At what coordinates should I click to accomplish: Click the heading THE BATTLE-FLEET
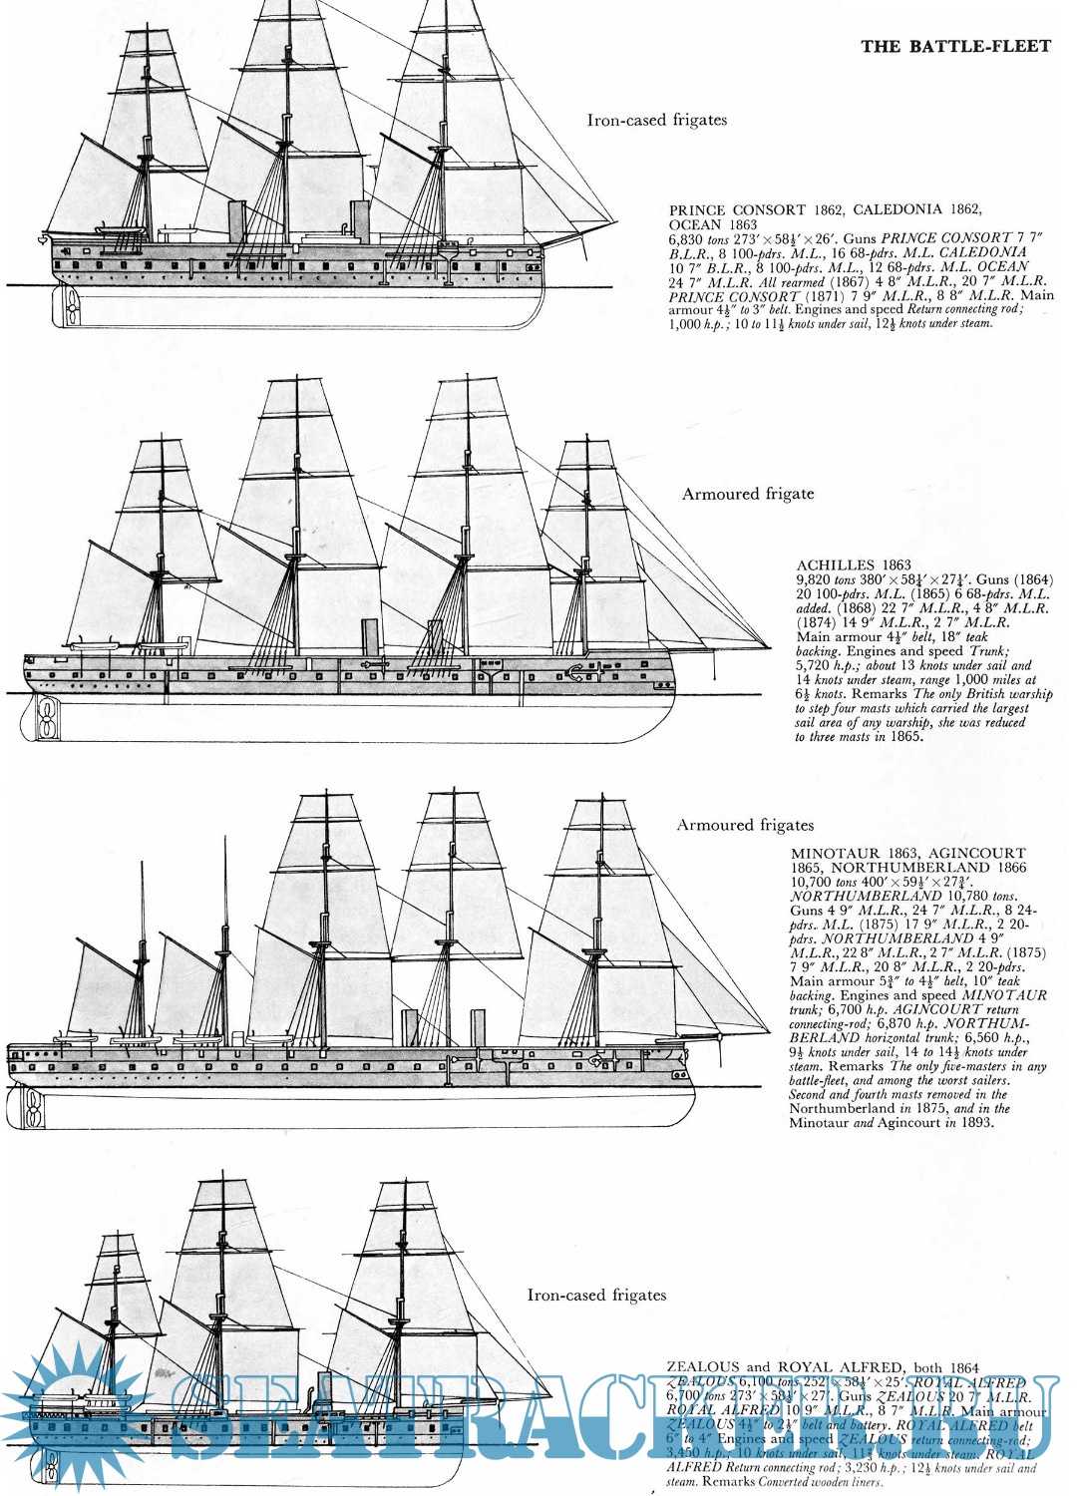click(x=955, y=46)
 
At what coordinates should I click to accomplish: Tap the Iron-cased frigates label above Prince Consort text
click(x=656, y=120)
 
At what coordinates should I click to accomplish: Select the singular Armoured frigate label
click(x=748, y=494)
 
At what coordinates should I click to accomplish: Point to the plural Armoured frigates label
click(x=745, y=825)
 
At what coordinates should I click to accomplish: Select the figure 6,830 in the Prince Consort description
click(x=686, y=239)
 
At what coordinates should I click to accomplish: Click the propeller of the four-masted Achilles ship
click(x=45, y=717)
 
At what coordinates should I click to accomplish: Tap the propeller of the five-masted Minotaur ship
click(x=33, y=1107)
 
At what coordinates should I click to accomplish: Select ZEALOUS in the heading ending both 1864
click(x=703, y=1367)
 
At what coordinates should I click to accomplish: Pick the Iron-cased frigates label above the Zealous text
click(x=596, y=1295)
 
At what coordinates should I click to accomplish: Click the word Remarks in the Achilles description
click(x=852, y=694)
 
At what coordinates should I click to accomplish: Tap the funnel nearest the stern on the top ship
click(x=236, y=221)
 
